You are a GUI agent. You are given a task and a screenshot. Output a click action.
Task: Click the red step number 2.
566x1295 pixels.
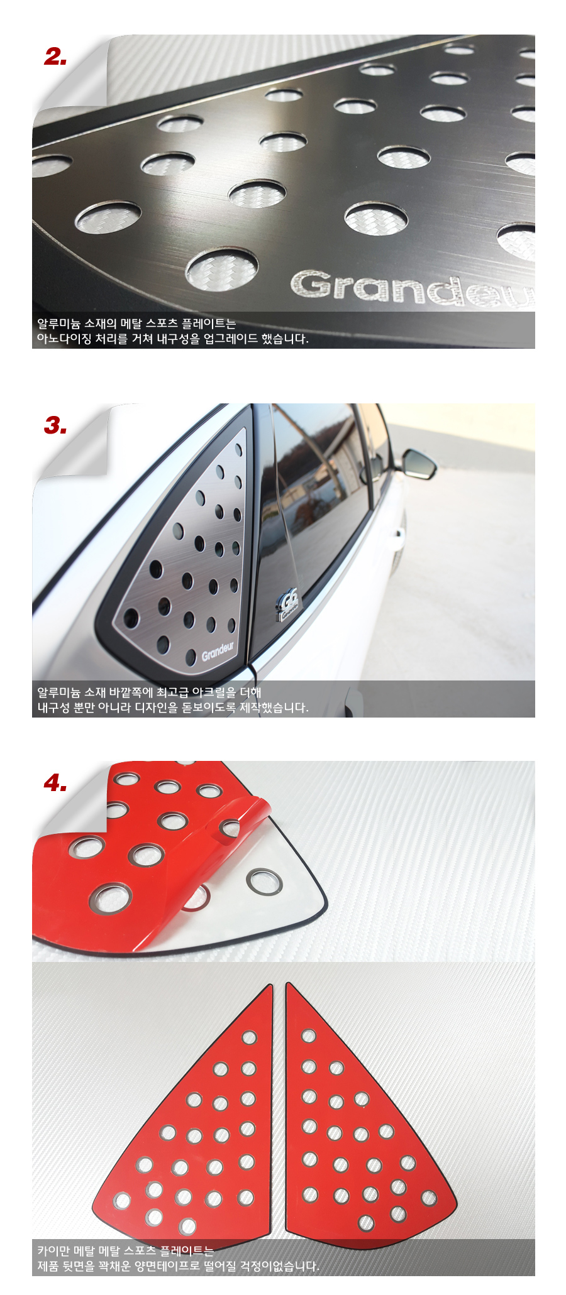point(55,57)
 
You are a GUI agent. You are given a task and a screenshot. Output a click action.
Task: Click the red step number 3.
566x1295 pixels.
point(55,426)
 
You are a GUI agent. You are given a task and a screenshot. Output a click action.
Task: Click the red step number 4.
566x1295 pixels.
point(55,783)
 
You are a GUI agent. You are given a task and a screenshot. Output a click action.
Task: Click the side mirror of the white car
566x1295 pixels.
point(419,464)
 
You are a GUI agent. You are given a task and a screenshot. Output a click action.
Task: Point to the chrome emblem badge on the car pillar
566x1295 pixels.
point(289,604)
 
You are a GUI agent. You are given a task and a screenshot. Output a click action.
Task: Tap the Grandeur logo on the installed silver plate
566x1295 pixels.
point(218,651)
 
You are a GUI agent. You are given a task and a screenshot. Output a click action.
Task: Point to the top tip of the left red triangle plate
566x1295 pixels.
point(271,985)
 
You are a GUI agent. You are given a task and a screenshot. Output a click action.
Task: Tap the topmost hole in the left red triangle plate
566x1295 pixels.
point(250,1037)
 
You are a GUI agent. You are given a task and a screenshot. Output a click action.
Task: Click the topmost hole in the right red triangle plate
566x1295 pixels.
point(309,1035)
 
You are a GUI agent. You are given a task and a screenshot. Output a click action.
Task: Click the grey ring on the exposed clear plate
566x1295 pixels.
point(264,881)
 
